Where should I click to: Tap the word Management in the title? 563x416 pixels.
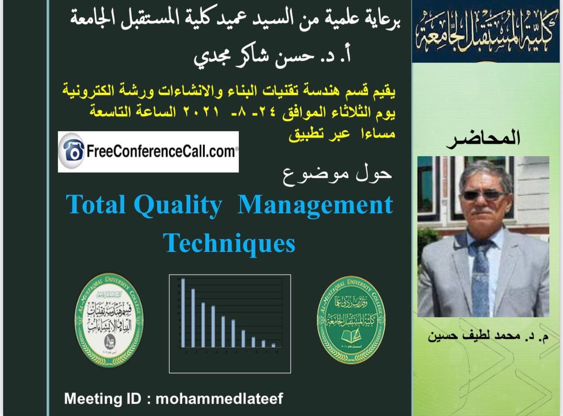pos(315,205)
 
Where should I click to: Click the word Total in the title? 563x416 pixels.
pos(95,205)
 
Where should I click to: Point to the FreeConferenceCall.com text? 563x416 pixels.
pos(160,152)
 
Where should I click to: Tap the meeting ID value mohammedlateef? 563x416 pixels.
pos(219,399)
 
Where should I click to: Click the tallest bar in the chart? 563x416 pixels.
pos(183,313)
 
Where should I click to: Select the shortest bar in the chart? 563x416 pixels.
pos(273,345)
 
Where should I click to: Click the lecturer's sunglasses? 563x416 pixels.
pos(483,196)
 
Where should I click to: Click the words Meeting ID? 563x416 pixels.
pos(103,399)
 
